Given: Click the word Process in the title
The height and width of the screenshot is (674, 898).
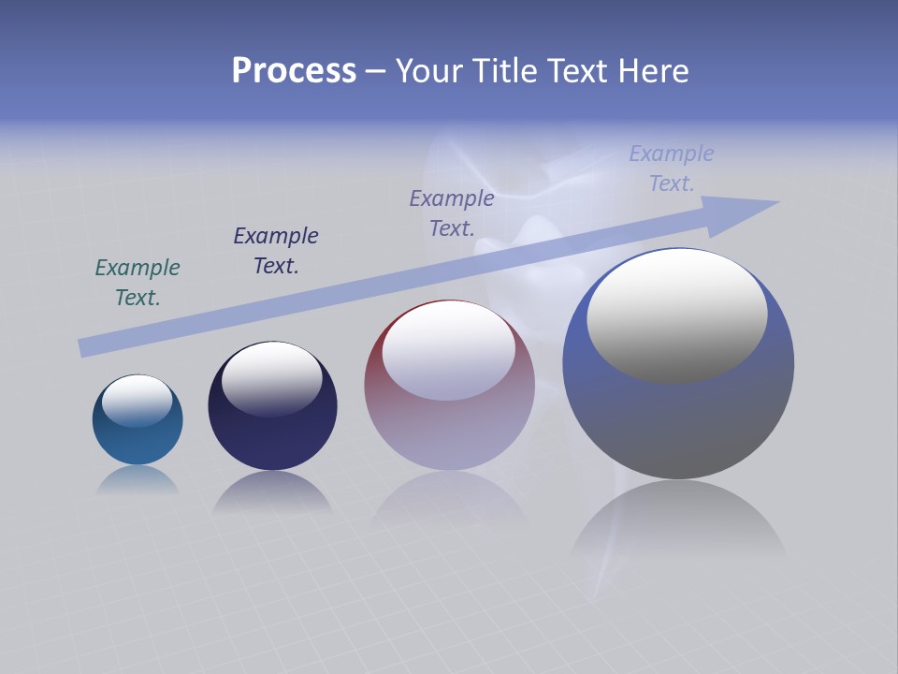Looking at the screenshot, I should coord(294,71).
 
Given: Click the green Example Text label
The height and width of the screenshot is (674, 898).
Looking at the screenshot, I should coord(138,283).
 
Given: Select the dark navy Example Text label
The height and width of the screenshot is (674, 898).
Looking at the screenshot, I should coord(276,251).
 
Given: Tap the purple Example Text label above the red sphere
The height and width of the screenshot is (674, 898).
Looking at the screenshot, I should coord(452,213).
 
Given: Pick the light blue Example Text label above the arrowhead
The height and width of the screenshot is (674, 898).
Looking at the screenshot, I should coord(672,168).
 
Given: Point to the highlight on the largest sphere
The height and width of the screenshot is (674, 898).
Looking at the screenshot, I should coord(677,316).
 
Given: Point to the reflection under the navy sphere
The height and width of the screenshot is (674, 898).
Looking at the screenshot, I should coord(272,491).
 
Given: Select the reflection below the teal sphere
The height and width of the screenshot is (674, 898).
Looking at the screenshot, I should coord(138,479).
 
